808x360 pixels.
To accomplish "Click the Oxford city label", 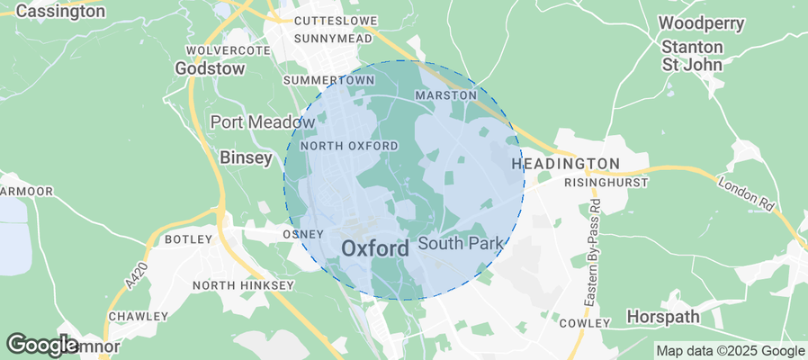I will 375,247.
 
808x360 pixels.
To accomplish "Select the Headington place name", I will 565,163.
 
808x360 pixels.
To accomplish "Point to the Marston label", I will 445,94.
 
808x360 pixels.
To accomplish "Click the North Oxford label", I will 349,146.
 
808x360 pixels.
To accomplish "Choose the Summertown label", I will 328,80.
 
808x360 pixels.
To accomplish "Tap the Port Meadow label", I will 250,121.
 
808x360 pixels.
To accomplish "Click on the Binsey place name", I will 246,157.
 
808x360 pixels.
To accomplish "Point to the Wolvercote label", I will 228,50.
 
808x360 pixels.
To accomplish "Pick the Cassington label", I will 60,12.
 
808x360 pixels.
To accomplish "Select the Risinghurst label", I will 600,182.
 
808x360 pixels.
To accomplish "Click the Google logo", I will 42,344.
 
